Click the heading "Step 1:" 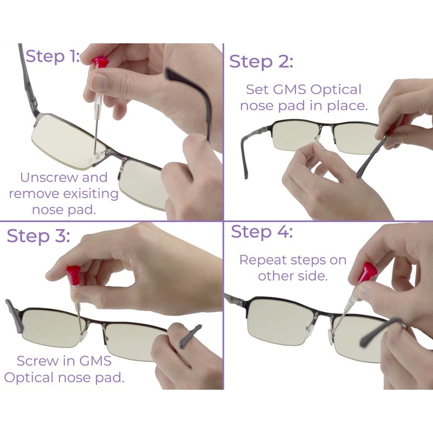click(53, 57)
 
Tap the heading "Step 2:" click(261, 62)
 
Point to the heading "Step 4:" click(261, 232)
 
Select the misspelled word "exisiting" click(91, 193)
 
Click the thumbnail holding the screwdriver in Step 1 click(100, 81)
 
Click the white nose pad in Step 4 click(329, 337)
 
